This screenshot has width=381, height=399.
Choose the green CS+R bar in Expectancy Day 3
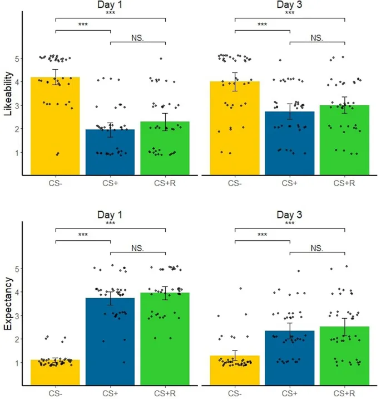pos(344,357)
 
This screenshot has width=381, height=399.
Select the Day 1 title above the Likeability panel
pos(110,5)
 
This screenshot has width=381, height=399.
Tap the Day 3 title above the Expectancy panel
pos(289,215)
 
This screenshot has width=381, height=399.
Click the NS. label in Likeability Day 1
pos(138,38)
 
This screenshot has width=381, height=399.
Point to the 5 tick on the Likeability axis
pos(18,58)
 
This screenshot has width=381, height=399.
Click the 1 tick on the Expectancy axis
pos(18,363)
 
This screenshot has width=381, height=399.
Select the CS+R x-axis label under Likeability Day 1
pos(166,183)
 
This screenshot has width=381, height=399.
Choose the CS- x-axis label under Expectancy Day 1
pos(55,393)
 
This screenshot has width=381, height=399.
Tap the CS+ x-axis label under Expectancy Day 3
pos(289,393)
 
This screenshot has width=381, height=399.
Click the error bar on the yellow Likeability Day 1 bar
pos(55,77)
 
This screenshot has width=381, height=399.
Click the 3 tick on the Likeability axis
pos(18,105)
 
